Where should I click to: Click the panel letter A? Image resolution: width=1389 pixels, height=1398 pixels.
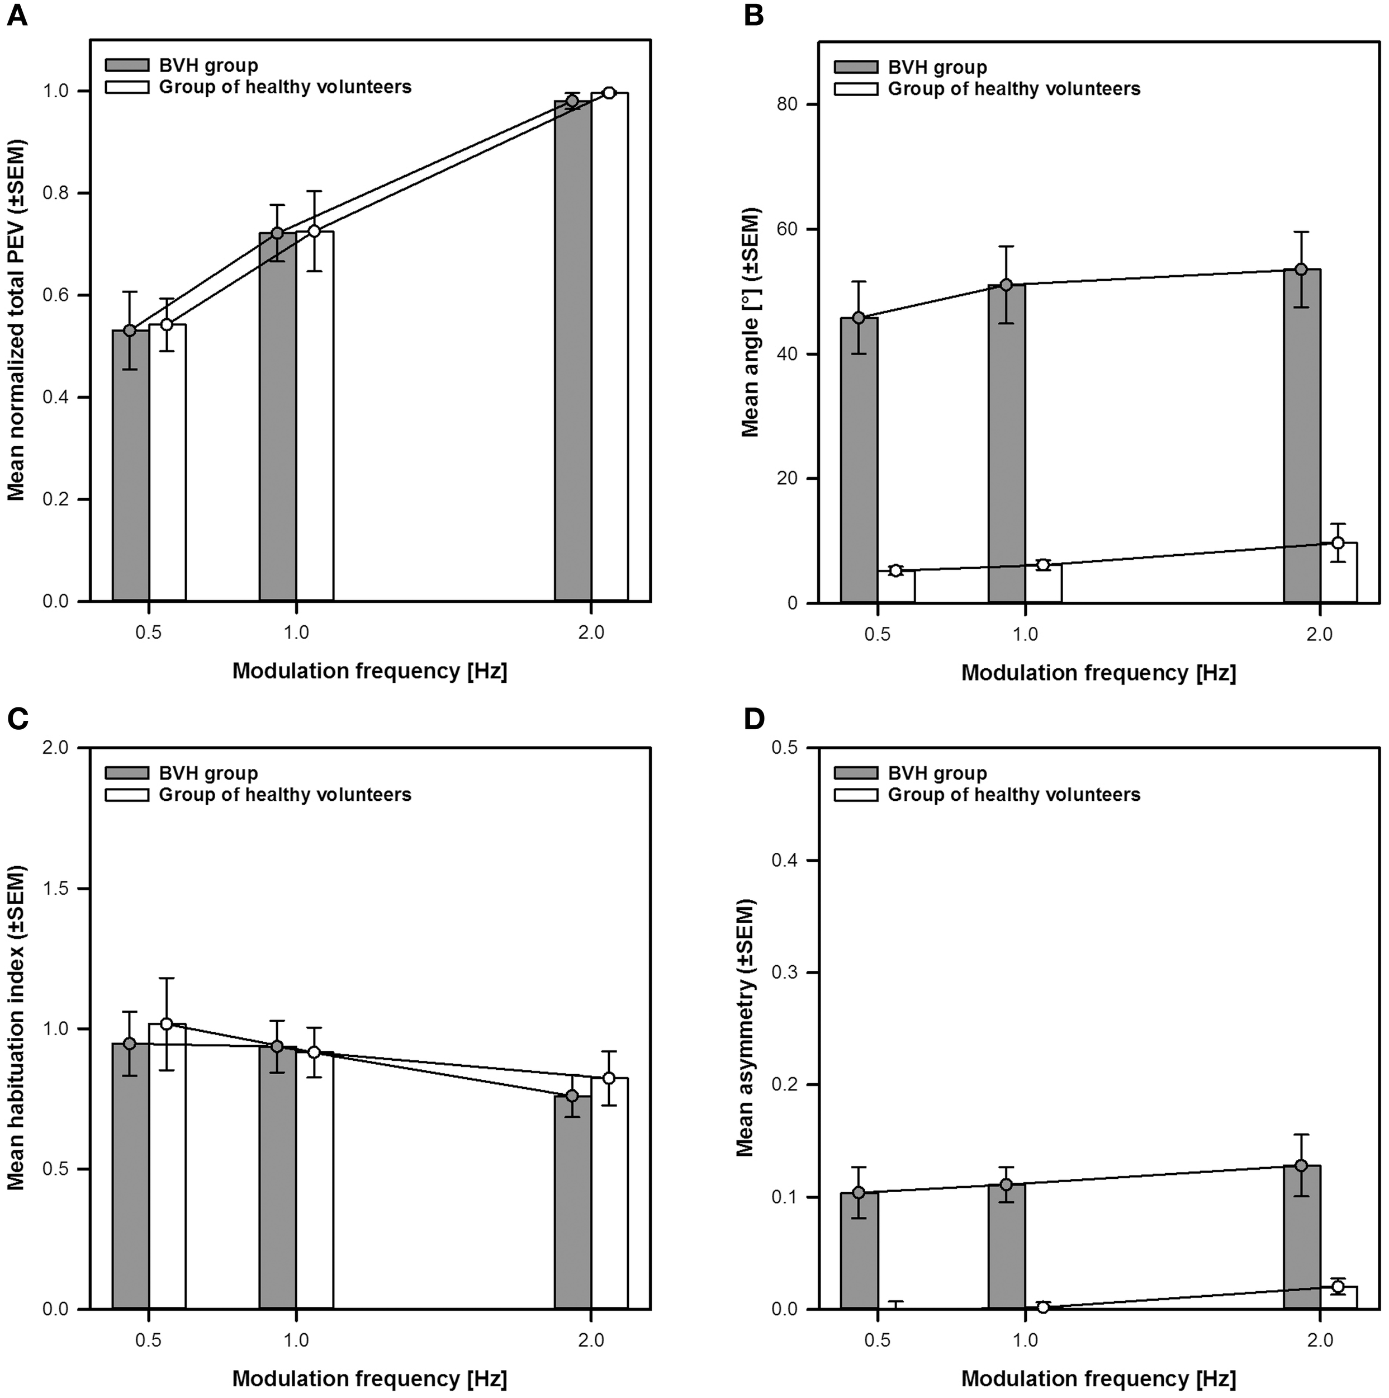click(17, 16)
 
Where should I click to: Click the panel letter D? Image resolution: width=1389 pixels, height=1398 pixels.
click(755, 720)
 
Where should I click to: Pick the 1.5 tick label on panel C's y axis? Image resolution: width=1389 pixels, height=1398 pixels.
click(59, 889)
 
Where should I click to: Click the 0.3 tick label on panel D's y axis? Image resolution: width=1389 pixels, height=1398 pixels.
click(787, 972)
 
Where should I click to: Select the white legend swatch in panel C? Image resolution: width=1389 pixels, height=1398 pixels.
click(127, 795)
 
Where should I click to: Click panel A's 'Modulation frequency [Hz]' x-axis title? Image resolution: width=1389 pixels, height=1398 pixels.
click(369, 671)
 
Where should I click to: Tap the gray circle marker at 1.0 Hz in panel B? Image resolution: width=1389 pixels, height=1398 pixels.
click(1006, 285)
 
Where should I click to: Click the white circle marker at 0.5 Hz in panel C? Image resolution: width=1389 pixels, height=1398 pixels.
click(167, 1024)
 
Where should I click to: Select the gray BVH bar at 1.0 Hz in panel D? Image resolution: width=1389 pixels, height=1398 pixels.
click(1006, 1245)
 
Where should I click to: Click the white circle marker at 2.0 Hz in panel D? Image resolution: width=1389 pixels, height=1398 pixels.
click(1338, 1286)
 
